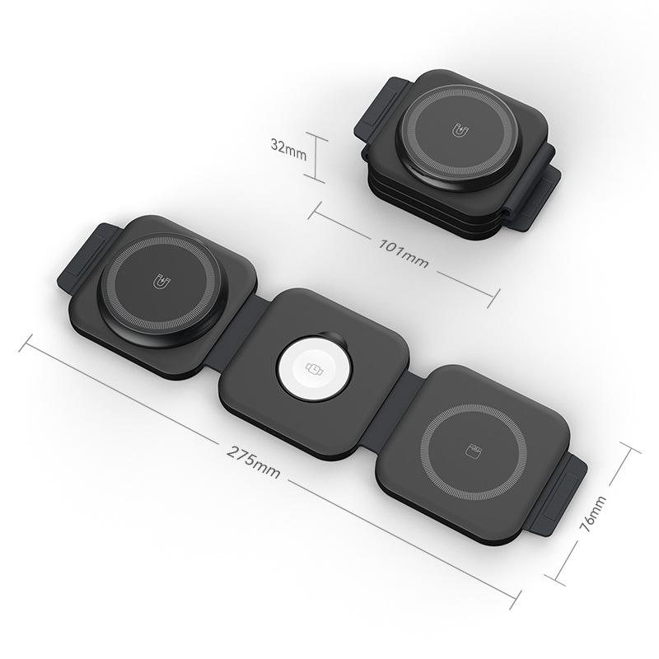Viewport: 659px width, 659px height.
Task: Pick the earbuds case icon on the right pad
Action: (x=472, y=451)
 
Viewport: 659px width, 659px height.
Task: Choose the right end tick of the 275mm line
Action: (x=523, y=596)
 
